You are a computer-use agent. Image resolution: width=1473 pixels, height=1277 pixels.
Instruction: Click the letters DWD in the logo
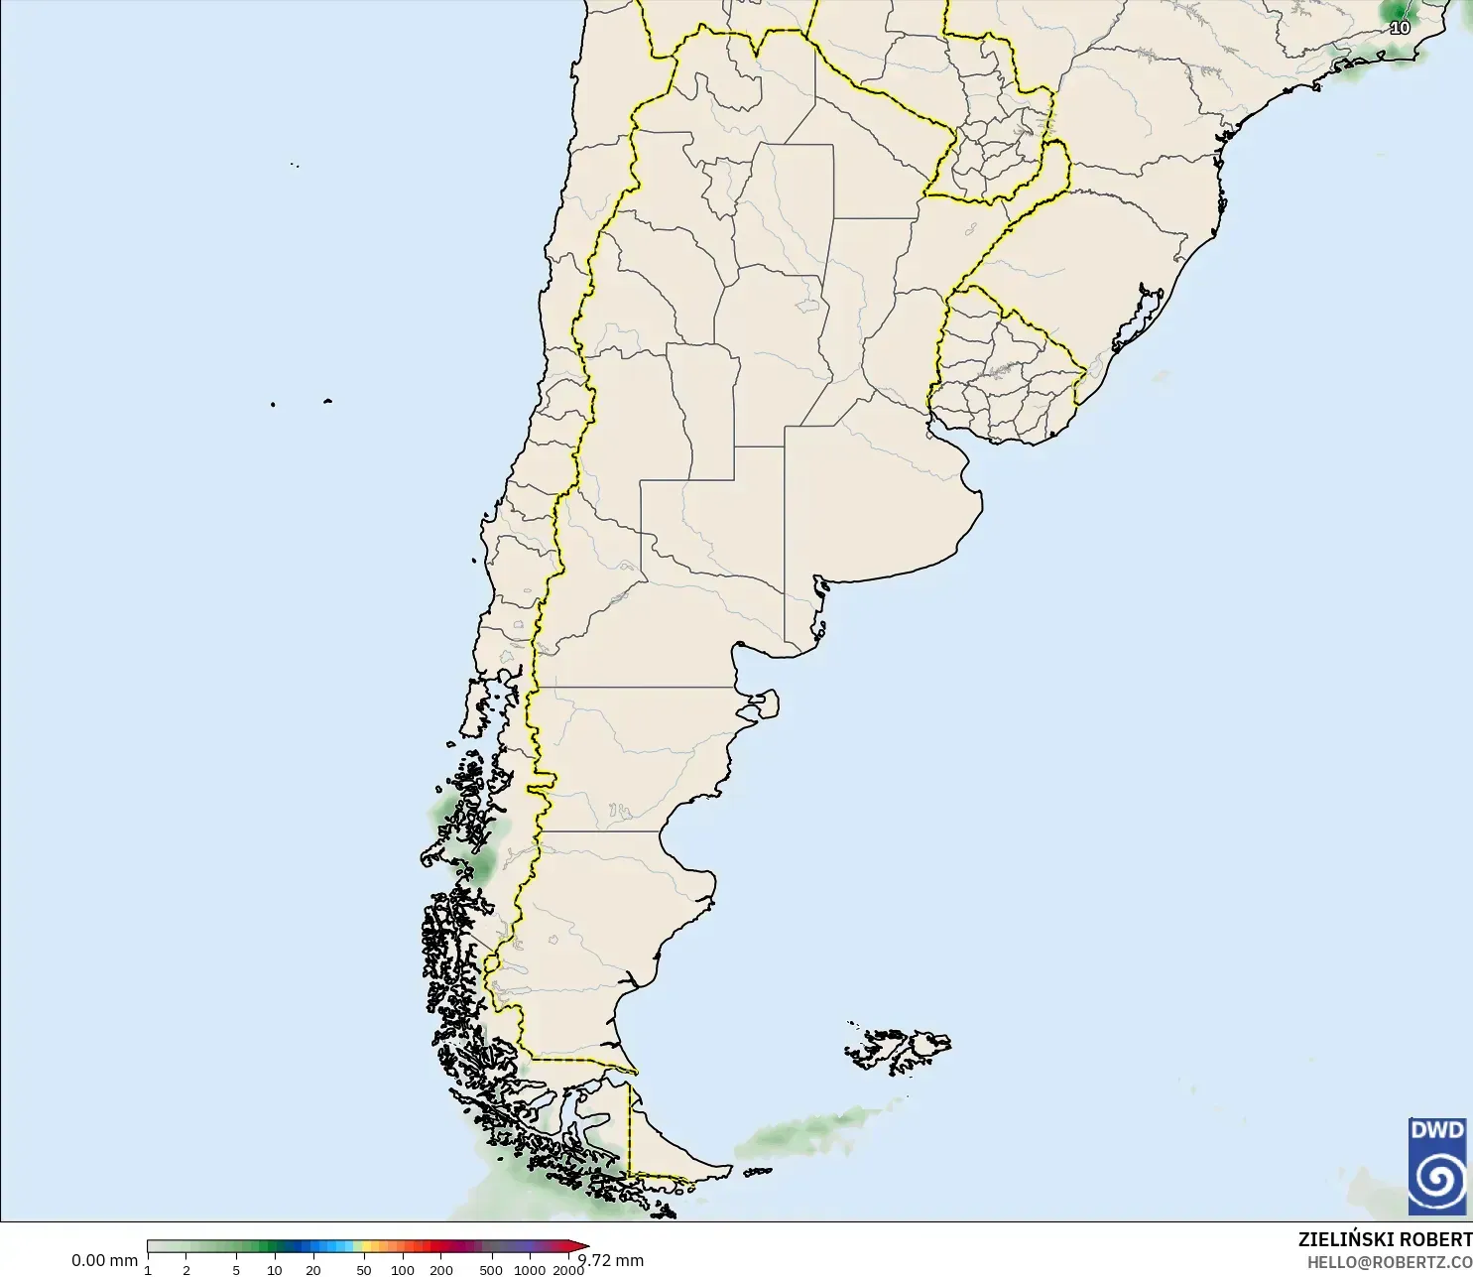click(1436, 1130)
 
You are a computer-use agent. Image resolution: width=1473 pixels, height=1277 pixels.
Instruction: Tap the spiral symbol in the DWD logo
click(1436, 1180)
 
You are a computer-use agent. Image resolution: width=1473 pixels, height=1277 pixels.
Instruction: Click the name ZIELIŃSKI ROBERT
click(1385, 1239)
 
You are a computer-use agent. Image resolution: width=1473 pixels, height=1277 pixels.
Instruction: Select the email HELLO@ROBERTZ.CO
click(1389, 1262)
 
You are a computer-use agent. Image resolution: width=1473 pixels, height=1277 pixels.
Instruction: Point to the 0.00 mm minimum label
click(104, 1260)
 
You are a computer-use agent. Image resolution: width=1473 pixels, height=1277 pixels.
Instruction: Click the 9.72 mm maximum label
click(612, 1260)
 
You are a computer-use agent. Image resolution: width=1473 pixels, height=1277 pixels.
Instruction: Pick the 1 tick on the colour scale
click(148, 1270)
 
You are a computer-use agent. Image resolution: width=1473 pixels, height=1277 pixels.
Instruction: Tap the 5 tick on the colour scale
click(236, 1270)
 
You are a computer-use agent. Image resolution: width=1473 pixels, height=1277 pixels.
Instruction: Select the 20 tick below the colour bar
click(313, 1270)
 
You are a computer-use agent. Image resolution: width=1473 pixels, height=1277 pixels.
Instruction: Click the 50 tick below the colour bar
click(364, 1270)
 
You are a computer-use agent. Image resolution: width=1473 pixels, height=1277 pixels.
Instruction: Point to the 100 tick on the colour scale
click(403, 1270)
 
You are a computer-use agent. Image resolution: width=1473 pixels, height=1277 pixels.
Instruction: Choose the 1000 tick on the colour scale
click(530, 1270)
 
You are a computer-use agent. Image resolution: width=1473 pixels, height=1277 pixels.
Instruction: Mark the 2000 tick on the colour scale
click(568, 1270)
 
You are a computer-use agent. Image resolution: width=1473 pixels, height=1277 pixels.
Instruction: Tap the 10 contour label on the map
click(1400, 28)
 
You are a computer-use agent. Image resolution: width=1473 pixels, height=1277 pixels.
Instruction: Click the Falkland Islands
click(898, 1049)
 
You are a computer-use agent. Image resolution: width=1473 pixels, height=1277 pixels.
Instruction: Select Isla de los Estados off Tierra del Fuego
click(758, 1172)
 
